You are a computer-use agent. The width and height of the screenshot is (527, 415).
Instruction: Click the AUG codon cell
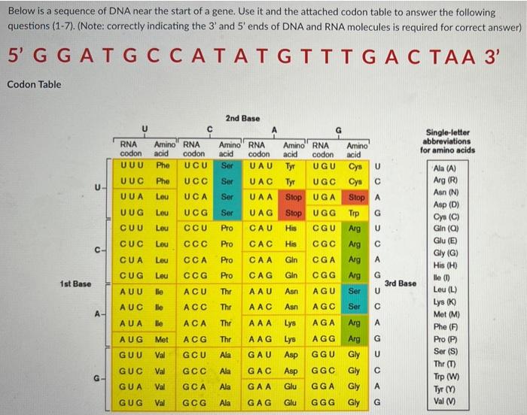coord(133,339)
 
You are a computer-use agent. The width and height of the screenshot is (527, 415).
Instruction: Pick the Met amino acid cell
coord(161,339)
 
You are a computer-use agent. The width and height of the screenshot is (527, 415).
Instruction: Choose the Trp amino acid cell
coord(355,213)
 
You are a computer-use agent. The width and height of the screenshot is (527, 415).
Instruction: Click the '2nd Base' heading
coord(242,118)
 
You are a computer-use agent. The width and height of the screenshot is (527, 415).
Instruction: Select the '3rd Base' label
coord(399,283)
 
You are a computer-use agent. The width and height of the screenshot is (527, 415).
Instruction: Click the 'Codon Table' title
coord(34,84)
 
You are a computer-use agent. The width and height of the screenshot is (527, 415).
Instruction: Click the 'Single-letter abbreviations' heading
coord(447,140)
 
